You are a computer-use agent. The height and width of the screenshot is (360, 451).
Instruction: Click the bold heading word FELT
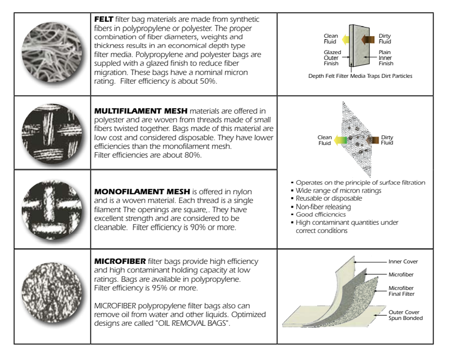coord(104,19)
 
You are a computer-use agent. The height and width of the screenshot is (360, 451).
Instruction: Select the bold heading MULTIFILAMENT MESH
coord(141,111)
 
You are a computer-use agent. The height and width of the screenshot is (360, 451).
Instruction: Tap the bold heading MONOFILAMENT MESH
coord(142,192)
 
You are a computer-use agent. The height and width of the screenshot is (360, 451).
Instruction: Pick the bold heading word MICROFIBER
coord(120,261)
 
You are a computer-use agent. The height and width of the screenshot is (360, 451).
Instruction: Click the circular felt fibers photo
coord(52,52)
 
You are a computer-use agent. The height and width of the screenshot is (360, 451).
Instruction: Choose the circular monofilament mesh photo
coord(52,210)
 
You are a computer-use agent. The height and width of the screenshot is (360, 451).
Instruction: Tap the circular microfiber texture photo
coord(52,292)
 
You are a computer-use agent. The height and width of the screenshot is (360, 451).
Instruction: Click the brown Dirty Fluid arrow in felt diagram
coord(368,39)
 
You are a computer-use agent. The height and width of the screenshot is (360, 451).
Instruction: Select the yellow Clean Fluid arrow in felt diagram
coord(346,39)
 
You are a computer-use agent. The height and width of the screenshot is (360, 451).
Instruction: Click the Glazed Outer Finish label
coord(332,58)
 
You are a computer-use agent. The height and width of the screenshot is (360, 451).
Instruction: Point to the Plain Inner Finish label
coord(386,58)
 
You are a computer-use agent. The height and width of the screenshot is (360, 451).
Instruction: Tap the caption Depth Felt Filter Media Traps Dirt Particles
coord(360,76)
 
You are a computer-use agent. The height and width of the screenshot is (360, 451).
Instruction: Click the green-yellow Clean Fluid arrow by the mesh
coord(340,140)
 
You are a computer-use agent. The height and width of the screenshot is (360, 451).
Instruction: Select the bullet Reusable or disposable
coord(328,198)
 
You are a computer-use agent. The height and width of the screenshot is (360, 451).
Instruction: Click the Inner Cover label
coord(403,262)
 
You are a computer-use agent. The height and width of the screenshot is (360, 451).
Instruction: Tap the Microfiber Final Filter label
coord(401,291)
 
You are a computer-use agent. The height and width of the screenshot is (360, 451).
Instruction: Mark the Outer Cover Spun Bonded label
coord(406,315)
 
